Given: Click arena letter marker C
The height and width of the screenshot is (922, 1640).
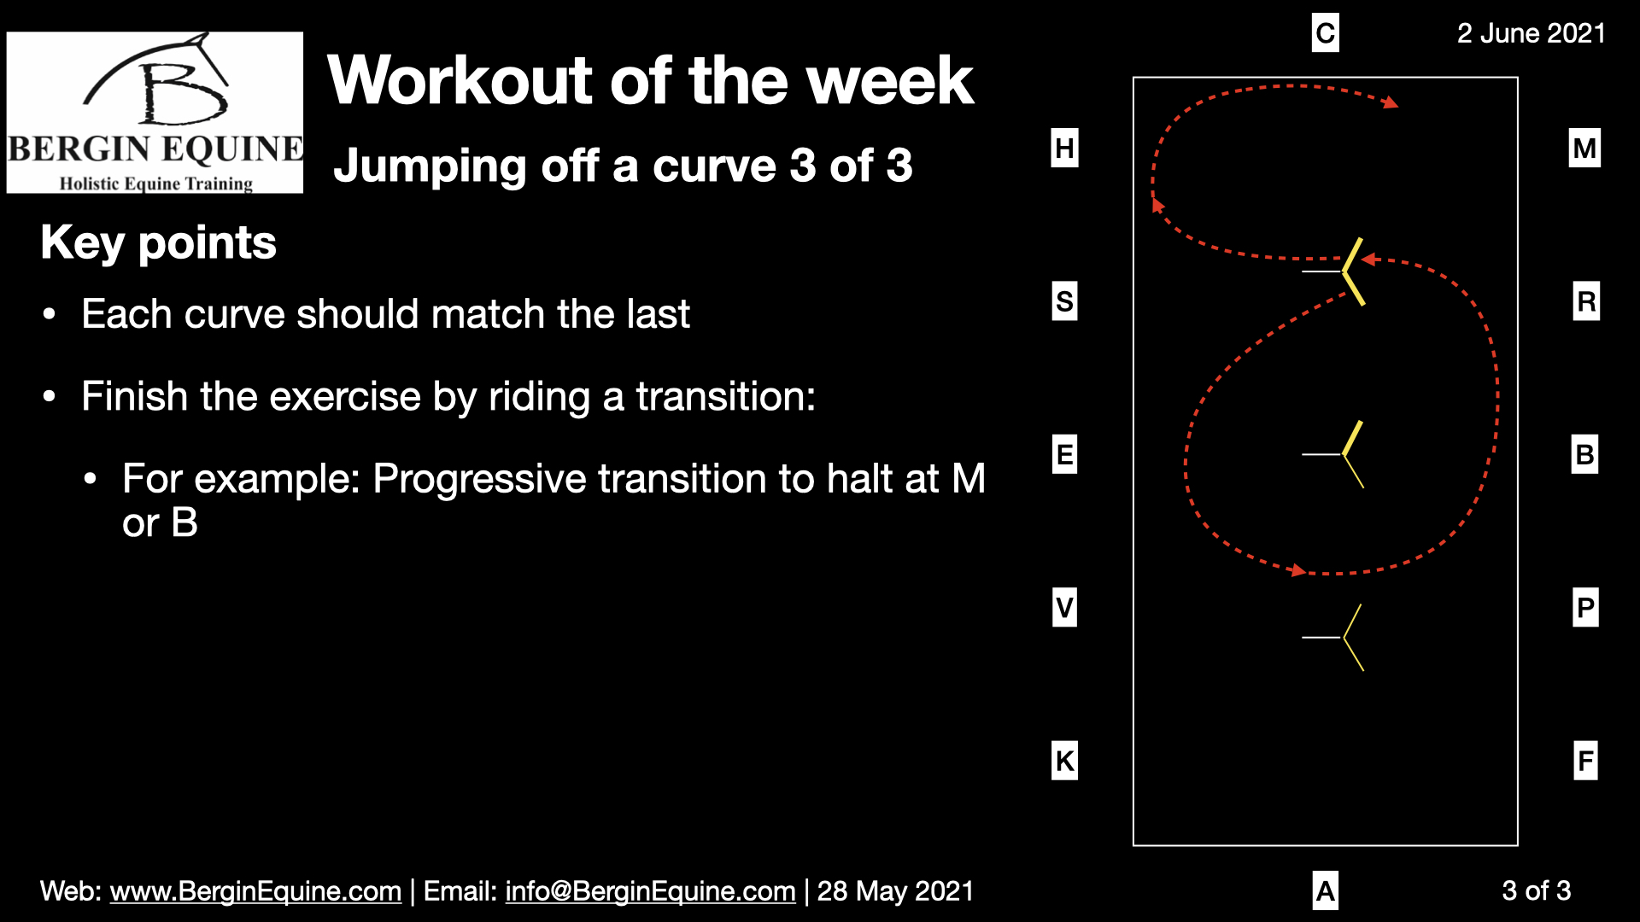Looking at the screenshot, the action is tap(1325, 33).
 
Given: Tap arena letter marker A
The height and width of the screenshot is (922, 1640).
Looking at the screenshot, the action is tap(1325, 890).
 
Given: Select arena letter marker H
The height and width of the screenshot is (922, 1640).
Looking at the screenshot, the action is tap(1064, 148).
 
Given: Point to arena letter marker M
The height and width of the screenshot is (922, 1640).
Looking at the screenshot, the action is tap(1584, 148).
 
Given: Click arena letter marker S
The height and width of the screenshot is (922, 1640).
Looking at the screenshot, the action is tap(1064, 301).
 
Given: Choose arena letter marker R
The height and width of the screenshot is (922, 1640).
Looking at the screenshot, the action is tap(1586, 301).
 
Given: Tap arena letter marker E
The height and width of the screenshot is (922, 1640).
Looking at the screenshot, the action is tap(1064, 454).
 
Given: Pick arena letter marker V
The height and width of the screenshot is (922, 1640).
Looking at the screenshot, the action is tap(1064, 608).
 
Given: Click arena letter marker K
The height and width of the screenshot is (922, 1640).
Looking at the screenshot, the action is tap(1064, 761).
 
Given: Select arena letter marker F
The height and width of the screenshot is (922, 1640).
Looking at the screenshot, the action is tap(1585, 761).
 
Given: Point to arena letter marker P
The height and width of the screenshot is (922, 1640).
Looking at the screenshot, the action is tap(1585, 608).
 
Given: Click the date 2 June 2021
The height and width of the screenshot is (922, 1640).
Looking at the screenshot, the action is tap(1531, 33).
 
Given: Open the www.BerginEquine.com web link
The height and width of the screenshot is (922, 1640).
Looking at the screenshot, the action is tap(255, 891).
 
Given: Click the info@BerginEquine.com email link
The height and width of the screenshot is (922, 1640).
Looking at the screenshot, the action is tap(650, 891).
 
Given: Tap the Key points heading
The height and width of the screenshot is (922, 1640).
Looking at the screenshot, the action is tap(158, 242).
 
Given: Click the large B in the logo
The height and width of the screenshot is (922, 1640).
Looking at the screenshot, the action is tap(184, 94).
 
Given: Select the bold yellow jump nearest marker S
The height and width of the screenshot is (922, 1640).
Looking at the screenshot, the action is tap(1353, 271).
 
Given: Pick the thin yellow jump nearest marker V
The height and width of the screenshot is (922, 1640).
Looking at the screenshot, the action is tap(1353, 638).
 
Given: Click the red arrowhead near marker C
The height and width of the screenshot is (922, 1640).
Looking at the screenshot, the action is tap(1391, 102).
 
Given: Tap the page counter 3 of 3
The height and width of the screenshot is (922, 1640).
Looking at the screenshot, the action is tap(1536, 890).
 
